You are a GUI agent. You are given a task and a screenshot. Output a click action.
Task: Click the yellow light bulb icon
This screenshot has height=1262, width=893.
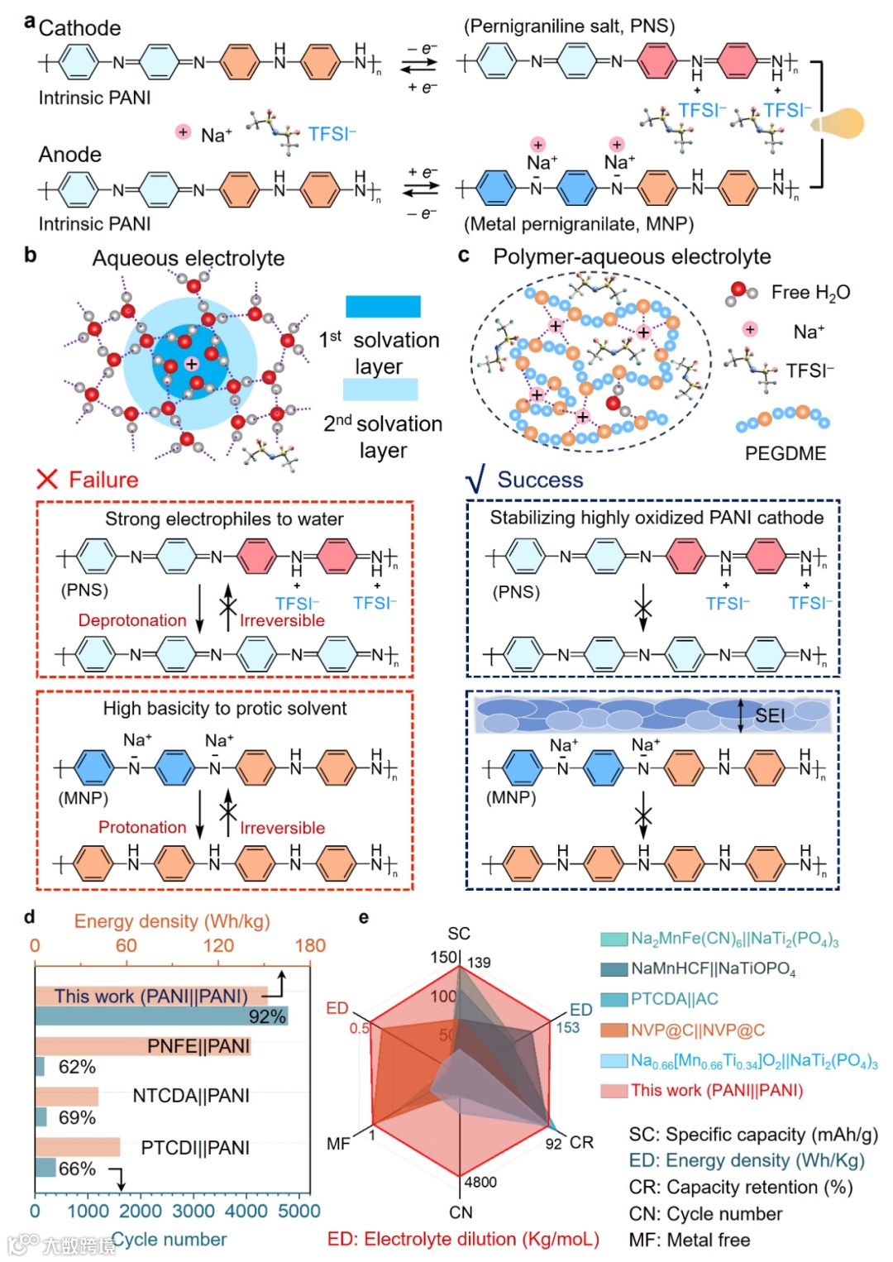coord(840,123)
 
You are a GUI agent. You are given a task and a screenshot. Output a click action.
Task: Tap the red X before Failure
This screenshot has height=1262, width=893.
coord(47,479)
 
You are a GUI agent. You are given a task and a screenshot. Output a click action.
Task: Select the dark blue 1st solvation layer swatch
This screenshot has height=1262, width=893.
coord(383,306)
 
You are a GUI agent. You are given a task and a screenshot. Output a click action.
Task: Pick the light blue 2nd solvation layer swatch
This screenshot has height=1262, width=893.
coord(380,389)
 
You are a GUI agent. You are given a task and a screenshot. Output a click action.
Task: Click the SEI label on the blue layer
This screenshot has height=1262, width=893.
coord(769,715)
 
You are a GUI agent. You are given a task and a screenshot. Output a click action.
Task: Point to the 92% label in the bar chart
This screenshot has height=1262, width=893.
coord(266,1016)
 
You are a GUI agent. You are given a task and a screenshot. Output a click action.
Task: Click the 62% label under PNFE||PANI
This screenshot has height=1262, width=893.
coord(77,1067)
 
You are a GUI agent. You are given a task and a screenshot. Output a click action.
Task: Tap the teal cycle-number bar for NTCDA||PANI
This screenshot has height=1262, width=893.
coord(41,1117)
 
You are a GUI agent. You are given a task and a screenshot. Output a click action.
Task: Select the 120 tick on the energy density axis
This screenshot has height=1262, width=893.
coord(218,945)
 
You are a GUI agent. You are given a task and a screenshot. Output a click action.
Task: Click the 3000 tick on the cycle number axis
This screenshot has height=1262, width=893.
coord(193,1212)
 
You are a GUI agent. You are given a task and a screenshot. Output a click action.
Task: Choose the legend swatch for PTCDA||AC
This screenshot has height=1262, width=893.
coord(614,999)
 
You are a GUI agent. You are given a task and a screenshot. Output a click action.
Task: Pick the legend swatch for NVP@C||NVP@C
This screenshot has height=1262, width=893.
coord(614,1030)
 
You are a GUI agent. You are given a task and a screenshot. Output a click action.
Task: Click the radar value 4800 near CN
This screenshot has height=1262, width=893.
coord(480,1182)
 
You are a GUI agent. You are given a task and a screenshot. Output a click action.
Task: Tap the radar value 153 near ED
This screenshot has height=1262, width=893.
coord(567,1027)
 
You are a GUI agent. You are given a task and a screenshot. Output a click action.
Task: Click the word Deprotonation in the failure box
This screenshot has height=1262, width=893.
coord(132,620)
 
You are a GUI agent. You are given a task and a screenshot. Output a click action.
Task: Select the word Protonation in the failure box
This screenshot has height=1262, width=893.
coord(142,827)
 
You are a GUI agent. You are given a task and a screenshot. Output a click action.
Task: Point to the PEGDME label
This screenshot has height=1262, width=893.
coord(785,453)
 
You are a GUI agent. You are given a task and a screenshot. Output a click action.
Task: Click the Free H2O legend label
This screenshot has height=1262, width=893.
coord(809,292)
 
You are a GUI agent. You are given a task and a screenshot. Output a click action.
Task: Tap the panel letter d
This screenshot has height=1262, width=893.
coord(30,917)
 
